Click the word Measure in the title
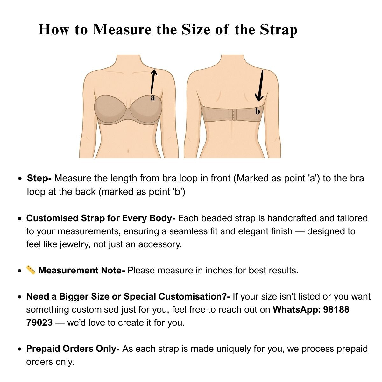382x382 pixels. click(x=122, y=29)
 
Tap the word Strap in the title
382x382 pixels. click(x=279, y=30)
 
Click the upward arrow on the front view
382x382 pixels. click(x=153, y=81)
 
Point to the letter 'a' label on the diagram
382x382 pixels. click(x=152, y=97)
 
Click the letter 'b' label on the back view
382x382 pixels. click(x=257, y=111)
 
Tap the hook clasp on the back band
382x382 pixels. click(x=232, y=114)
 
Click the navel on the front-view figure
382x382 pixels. click(x=128, y=151)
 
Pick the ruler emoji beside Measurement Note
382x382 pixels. click(x=31, y=270)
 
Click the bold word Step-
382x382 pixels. click(x=39, y=178)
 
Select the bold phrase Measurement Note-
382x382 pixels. click(x=81, y=270)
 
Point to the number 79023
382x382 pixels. click(x=39, y=323)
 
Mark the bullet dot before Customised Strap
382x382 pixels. click(x=19, y=219)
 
